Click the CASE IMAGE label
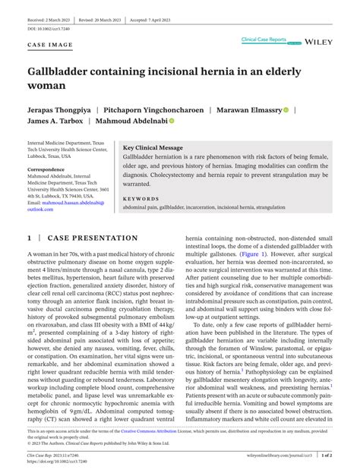pyautogui.click(x=50, y=46)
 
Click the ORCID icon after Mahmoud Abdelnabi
pyautogui.click(x=172, y=121)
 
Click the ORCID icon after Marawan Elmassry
pyautogui.click(x=286, y=109)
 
